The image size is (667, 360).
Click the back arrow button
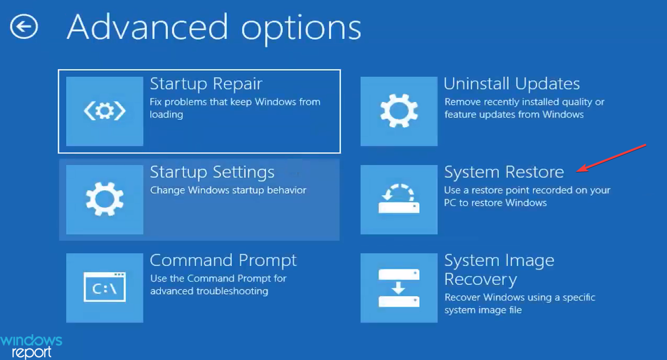pos(24,27)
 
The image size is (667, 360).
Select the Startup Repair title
pos(206,84)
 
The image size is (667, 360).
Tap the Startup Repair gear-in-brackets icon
pos(105,111)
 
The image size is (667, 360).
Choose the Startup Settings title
pos(212,172)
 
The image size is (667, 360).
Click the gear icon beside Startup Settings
pos(105,199)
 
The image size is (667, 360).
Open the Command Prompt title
pos(223,260)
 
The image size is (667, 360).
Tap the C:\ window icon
pos(105,287)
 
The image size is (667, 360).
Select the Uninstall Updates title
pos(511,84)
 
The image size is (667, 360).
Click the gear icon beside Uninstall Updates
pos(399,111)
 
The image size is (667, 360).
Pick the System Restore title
pos(504,172)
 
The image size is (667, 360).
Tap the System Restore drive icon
pos(399,199)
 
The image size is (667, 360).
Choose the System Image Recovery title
pos(499,269)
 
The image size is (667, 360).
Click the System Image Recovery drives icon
pos(399,287)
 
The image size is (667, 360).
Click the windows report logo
pos(31,346)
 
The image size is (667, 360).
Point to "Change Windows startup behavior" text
pos(228,190)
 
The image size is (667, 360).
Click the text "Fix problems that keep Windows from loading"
pos(234,108)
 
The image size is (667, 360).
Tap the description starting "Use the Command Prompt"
pos(218,284)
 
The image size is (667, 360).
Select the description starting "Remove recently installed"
pos(524,108)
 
